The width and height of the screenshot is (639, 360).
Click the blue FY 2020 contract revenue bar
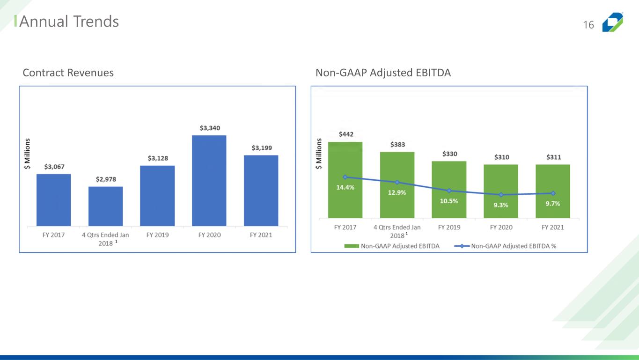[209, 181]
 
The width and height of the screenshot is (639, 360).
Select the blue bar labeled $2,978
[105, 206]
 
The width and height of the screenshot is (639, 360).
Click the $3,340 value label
[210, 128]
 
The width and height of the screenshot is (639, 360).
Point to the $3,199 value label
[262, 148]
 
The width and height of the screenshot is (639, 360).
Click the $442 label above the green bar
[346, 134]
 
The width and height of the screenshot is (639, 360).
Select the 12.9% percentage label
[397, 192]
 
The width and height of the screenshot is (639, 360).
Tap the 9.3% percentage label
[500, 205]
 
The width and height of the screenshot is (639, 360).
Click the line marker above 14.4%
[345, 177]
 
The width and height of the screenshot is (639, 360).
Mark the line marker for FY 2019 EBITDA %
[449, 191]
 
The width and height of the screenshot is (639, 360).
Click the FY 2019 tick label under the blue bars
[157, 235]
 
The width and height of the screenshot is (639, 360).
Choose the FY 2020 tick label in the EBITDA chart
[501, 228]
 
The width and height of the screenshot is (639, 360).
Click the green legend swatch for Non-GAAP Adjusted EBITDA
[351, 246]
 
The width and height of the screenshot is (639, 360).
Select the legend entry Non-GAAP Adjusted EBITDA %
[513, 246]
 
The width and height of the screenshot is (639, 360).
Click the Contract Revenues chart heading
[68, 73]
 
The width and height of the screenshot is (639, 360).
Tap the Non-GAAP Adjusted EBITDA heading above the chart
[383, 73]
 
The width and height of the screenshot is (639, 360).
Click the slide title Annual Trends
[69, 22]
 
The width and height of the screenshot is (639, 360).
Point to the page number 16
[588, 25]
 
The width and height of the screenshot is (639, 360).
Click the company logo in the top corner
[612, 22]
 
